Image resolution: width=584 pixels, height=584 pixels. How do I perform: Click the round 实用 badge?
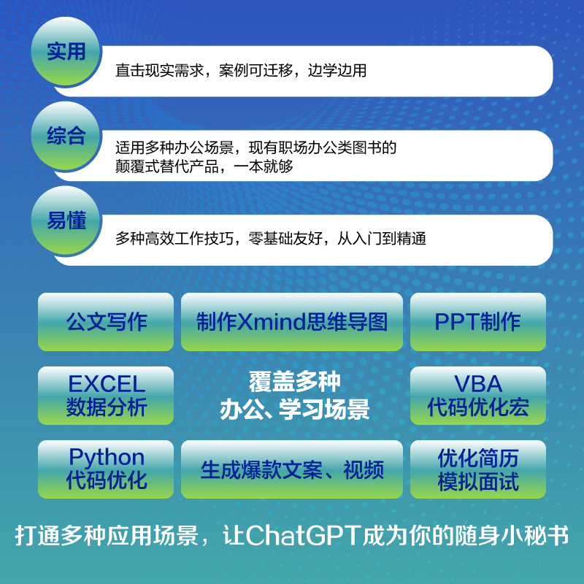pyautogui.click(x=66, y=52)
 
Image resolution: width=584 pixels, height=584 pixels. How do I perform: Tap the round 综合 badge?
pyautogui.click(x=66, y=137)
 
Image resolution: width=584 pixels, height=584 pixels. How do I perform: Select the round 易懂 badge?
pyautogui.click(x=66, y=221)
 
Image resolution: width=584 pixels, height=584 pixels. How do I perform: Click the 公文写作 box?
pyautogui.click(x=106, y=322)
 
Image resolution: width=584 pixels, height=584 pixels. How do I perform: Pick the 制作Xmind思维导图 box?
pyautogui.click(x=292, y=322)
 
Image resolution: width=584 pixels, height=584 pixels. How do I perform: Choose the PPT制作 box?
pyautogui.click(x=478, y=322)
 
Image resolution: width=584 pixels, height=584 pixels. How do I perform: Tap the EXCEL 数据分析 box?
pyautogui.click(x=106, y=396)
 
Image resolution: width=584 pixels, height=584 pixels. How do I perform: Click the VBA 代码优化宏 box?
pyautogui.click(x=478, y=396)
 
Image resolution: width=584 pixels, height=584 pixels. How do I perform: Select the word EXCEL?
pyautogui.click(x=107, y=384)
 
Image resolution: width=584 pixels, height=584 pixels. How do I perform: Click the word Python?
pyautogui.click(x=107, y=458)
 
